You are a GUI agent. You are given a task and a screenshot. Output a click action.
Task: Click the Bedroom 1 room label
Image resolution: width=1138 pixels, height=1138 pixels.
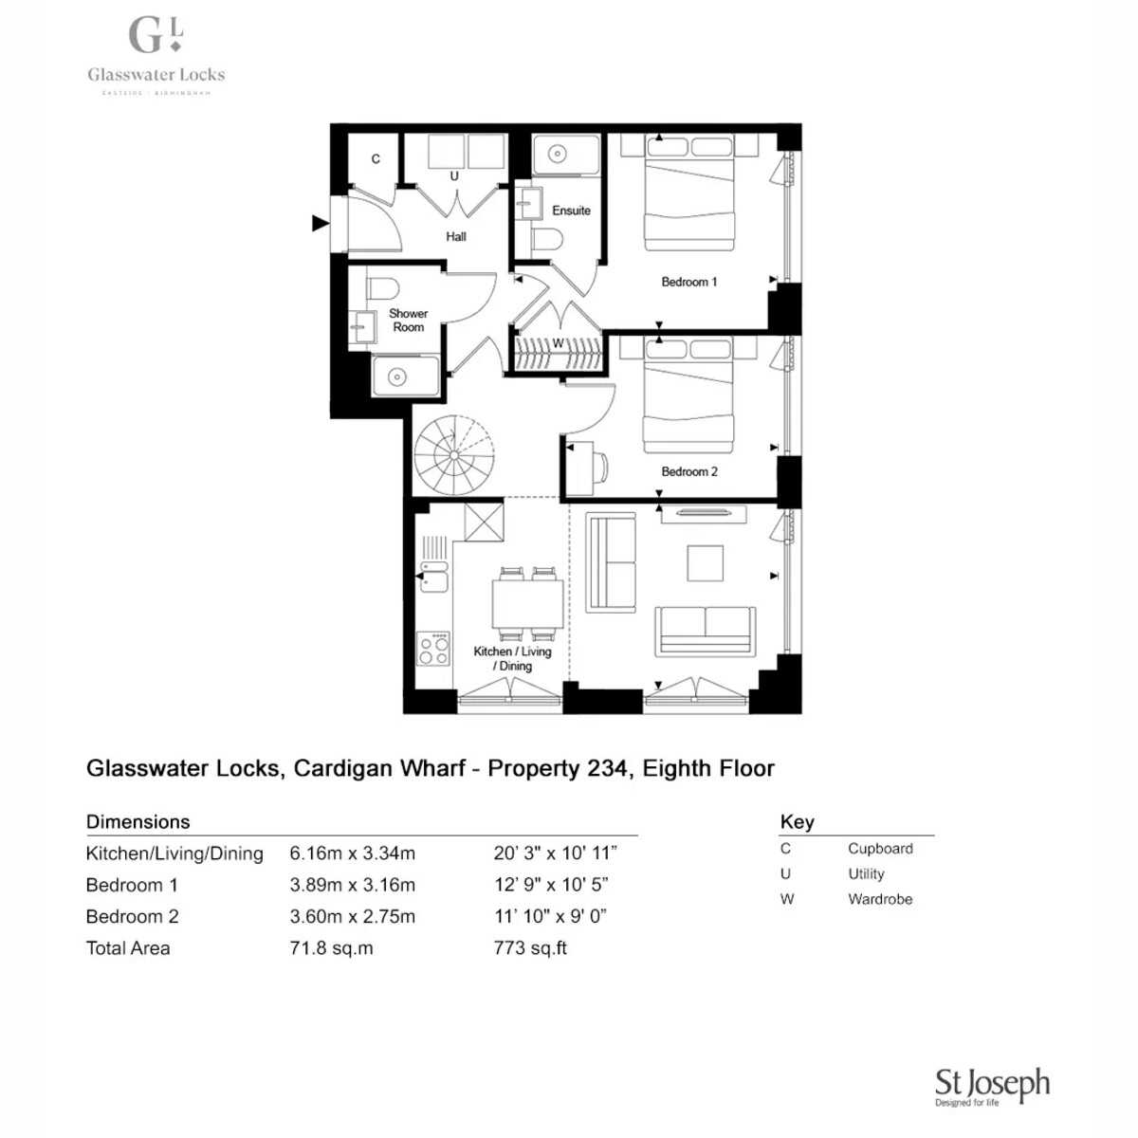point(688,282)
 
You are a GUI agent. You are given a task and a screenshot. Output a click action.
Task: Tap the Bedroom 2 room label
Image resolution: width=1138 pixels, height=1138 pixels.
point(689,471)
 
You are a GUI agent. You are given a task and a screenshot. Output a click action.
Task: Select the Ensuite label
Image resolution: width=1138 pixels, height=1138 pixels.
point(571,211)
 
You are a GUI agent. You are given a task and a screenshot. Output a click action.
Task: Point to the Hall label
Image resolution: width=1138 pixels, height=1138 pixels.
point(455,236)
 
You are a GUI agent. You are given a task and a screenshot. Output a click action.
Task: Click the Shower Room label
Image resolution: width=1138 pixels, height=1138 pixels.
point(408,321)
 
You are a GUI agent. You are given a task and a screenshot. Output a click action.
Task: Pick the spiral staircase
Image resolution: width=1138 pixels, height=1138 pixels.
point(453,455)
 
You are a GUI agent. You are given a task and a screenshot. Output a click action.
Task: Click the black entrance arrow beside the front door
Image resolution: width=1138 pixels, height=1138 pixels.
point(321,223)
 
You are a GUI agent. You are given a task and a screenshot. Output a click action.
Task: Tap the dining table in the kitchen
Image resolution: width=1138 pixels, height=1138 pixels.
point(527,604)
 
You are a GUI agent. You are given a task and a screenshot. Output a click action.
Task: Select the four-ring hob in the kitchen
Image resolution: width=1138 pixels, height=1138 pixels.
point(432,649)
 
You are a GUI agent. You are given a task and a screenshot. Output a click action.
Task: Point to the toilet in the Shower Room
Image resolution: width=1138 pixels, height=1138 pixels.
point(382,289)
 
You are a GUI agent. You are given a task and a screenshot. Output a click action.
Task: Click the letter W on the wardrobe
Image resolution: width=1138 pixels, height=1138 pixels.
point(558,342)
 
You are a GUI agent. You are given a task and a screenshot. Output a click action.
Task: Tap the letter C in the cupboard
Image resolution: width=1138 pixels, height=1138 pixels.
point(375,159)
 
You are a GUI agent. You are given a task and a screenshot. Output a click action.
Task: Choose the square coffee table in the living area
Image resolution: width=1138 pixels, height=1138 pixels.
point(706,562)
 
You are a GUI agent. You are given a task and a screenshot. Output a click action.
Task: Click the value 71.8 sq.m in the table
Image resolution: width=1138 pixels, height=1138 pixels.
point(331,947)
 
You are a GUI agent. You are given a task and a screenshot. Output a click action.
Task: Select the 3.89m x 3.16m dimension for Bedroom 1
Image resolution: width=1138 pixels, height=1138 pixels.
point(352,885)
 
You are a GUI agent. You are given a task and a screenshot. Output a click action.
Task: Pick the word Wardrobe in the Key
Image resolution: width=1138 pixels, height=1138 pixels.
point(880,899)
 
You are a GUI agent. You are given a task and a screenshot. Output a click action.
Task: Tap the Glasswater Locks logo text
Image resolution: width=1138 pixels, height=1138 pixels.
point(156,74)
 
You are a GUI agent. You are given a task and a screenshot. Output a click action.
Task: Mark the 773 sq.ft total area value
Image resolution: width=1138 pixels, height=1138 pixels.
point(530,947)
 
